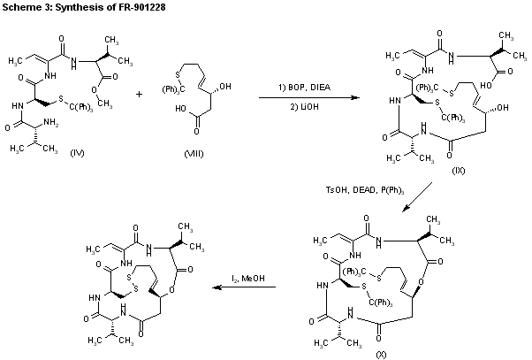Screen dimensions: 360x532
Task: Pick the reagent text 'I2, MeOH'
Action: pos(237,279)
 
